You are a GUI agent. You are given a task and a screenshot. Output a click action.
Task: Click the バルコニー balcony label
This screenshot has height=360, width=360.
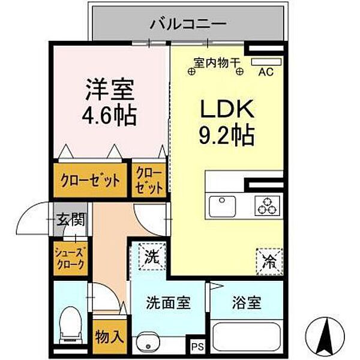tap(188, 25)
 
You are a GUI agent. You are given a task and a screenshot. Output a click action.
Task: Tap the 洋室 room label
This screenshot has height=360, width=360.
tap(109, 91)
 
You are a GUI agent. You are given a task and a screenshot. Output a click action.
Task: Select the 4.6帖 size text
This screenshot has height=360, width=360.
tap(109, 114)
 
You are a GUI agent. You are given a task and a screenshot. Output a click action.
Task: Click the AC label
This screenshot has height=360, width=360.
tap(265, 73)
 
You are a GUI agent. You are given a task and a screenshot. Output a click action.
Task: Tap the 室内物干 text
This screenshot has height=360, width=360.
tap(216, 61)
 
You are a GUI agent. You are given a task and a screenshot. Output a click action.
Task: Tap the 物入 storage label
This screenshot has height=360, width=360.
tap(109, 337)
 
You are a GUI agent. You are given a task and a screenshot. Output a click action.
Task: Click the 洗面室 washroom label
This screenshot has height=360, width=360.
tap(169, 302)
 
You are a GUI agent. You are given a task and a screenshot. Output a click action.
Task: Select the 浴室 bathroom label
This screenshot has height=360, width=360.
tap(246, 302)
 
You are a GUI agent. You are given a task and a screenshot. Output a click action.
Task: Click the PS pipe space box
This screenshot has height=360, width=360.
tap(198, 346)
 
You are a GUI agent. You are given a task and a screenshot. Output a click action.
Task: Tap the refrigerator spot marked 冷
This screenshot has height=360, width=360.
tap(269, 260)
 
